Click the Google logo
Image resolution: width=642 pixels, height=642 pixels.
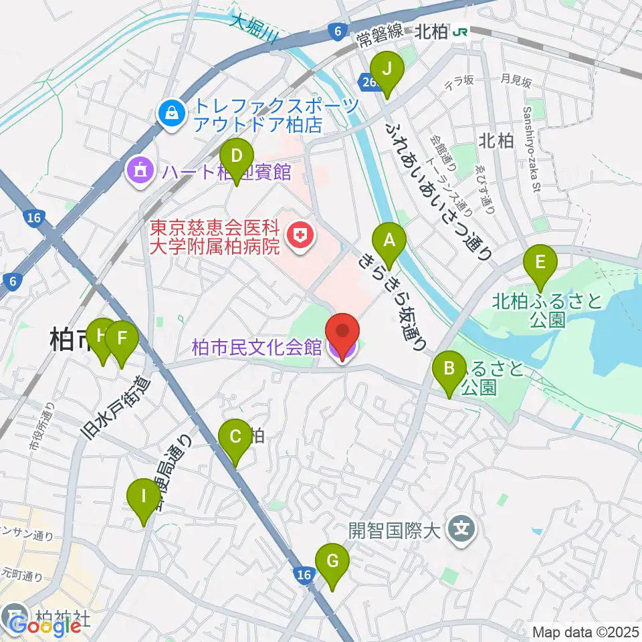[46, 626]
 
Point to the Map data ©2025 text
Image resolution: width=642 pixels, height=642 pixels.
[586, 631]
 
